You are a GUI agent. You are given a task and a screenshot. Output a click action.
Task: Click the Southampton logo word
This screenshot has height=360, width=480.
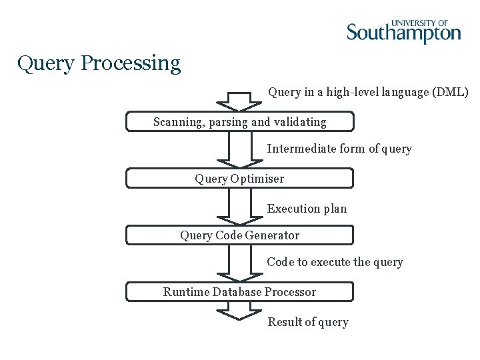(x=403, y=33)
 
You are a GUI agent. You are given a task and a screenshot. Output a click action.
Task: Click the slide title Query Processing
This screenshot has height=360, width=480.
(x=99, y=63)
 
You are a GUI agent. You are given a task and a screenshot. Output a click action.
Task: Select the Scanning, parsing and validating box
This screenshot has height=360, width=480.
(x=240, y=122)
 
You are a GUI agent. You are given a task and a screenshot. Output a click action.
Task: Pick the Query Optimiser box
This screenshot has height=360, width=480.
(x=240, y=179)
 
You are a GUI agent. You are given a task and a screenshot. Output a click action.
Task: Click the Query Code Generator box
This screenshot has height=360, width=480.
(x=240, y=235)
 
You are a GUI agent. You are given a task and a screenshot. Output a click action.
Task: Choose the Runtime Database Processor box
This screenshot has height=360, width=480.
(x=240, y=292)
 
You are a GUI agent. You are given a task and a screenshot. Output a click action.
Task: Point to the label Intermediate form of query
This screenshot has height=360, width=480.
(x=339, y=149)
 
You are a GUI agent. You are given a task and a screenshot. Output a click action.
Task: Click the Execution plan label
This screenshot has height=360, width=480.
(x=307, y=209)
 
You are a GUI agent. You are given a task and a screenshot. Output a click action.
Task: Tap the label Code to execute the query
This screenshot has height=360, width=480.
(x=335, y=262)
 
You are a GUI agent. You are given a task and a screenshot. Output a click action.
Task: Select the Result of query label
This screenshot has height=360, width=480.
(x=308, y=322)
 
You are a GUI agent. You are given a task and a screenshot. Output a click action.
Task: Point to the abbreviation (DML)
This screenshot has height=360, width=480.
(x=451, y=92)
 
